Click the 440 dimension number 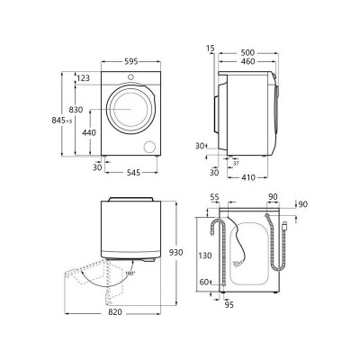(x=90, y=132)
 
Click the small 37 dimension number (x=236, y=164)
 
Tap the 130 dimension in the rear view (x=206, y=256)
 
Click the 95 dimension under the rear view (x=230, y=304)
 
